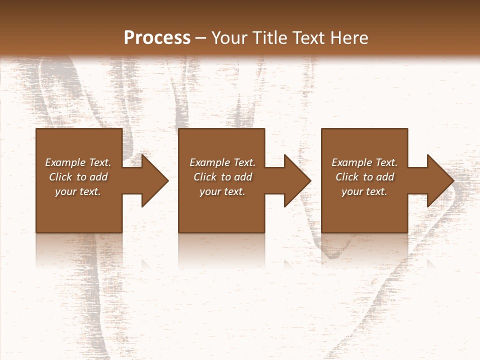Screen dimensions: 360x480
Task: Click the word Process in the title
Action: click(157, 38)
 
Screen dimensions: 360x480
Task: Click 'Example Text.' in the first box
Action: click(78, 162)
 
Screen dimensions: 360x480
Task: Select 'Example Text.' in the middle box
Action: click(222, 162)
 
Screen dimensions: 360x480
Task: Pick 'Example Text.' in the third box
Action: click(364, 162)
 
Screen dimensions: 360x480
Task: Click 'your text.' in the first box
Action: click(78, 191)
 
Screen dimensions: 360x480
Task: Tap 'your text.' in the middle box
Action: click(222, 191)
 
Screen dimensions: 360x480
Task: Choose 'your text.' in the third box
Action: click(364, 191)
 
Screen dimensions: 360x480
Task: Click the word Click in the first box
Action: click(61, 177)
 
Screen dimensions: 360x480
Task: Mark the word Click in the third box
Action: click(347, 177)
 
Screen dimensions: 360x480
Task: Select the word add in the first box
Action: click(98, 177)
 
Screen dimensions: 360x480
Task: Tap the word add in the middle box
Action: click(243, 177)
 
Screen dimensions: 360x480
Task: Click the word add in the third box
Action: click(385, 177)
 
